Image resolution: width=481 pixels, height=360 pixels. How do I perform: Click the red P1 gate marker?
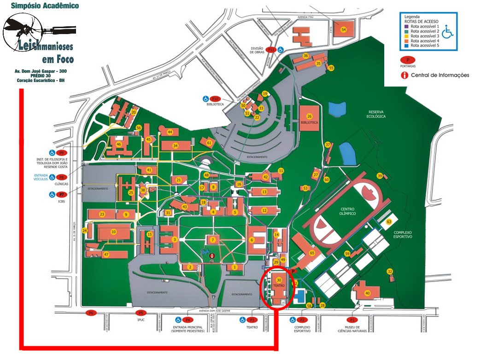pyautogui.click(x=353, y=319)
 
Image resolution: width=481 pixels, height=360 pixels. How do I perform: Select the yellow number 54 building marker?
pyautogui.click(x=343, y=29)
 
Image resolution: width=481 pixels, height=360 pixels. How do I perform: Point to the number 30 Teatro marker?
pyautogui.click(x=279, y=280)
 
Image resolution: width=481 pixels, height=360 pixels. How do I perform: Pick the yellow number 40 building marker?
pyautogui.click(x=367, y=293)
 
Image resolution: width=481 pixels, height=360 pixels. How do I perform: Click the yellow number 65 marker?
pyautogui.click(x=312, y=254)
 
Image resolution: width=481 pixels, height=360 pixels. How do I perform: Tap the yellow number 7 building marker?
pyautogui.click(x=212, y=240)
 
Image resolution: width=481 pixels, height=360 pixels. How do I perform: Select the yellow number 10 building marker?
pyautogui.click(x=113, y=232)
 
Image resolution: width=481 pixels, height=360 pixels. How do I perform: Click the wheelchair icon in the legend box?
pyautogui.click(x=447, y=33)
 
